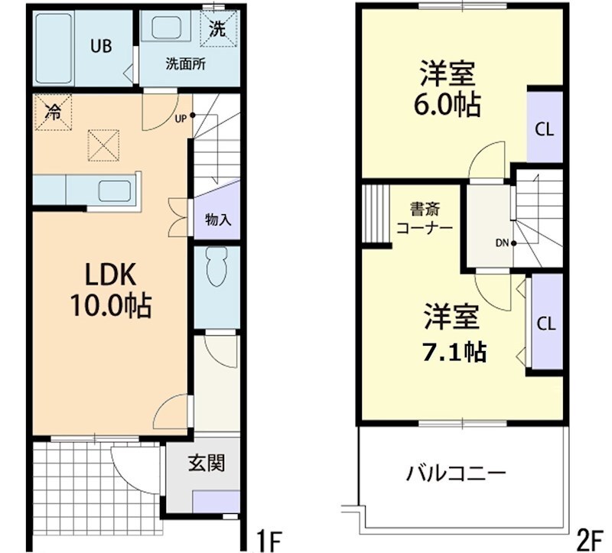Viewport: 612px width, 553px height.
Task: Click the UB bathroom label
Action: (x=102, y=46)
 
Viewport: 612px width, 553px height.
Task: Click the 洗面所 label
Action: (x=187, y=64)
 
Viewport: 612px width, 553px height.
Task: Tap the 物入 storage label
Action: (x=218, y=220)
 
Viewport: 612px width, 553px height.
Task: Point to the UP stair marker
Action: (x=181, y=118)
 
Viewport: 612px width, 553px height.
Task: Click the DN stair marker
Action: (x=502, y=244)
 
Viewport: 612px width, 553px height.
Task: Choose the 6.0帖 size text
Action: (x=448, y=104)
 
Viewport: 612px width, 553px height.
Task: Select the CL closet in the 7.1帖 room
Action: (x=545, y=323)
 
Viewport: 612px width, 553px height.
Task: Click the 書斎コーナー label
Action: (x=424, y=218)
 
